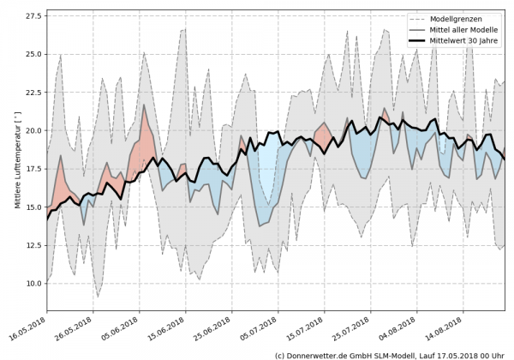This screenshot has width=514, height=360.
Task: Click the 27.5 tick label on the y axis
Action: click(x=33, y=16)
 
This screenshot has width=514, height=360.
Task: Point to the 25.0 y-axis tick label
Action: click(x=33, y=54)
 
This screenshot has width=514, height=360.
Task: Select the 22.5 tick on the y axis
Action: click(x=33, y=93)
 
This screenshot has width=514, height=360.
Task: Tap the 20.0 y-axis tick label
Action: click(x=33, y=130)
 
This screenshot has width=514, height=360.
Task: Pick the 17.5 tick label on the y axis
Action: click(x=33, y=169)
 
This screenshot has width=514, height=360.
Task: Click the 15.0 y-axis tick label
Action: click(x=33, y=207)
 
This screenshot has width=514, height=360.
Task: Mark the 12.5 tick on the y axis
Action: click(x=33, y=245)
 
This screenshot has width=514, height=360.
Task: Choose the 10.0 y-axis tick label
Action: click(x=33, y=283)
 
